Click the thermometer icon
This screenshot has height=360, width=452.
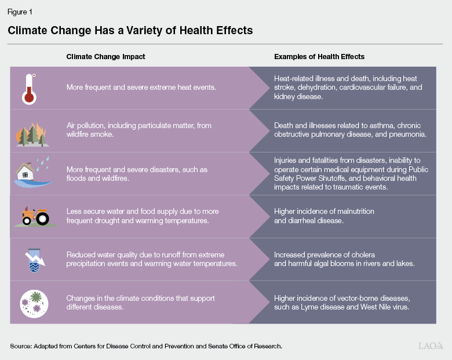click(x=29, y=88)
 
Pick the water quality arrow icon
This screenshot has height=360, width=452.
click(x=30, y=259)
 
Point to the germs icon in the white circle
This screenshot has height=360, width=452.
click(x=30, y=302)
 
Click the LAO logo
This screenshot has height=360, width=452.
click(x=431, y=346)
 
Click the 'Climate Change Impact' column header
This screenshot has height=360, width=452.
click(x=105, y=57)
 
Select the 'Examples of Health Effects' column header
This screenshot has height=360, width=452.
click(x=319, y=57)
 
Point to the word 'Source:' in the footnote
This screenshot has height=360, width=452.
click(x=21, y=346)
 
